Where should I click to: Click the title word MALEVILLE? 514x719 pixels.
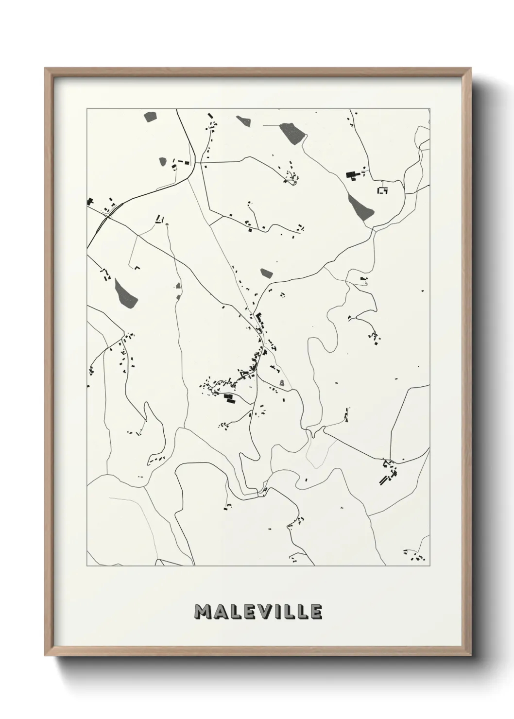point(257,612)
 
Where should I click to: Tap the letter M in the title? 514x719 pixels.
point(203,612)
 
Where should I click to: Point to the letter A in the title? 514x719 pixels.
point(220,612)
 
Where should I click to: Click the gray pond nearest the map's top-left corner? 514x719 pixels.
point(151,117)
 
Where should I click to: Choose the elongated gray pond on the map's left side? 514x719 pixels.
point(125,292)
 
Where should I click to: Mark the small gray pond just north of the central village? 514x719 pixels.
point(266,273)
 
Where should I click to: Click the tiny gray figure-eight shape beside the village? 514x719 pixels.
point(282,384)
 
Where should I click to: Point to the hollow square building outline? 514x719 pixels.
point(382,190)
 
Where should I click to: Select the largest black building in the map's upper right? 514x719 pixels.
point(350,174)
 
